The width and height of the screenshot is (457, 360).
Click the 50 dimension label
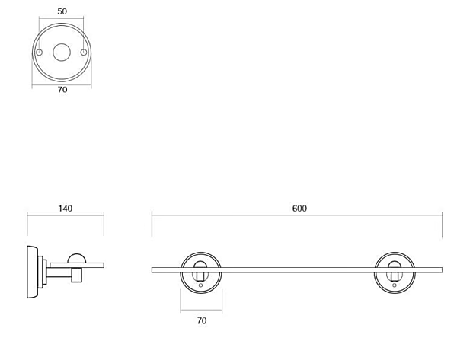tap(62, 11)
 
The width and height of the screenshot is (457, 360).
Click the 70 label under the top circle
tap(62, 90)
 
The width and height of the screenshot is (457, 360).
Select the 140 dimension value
tap(66, 209)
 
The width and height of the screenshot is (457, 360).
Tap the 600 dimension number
tap(299, 209)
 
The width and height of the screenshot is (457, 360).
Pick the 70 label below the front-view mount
tap(202, 320)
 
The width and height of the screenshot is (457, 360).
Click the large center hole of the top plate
tap(62, 53)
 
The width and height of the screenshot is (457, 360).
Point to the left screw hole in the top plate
tap(39, 53)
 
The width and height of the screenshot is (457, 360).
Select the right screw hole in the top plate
tap(84, 53)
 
